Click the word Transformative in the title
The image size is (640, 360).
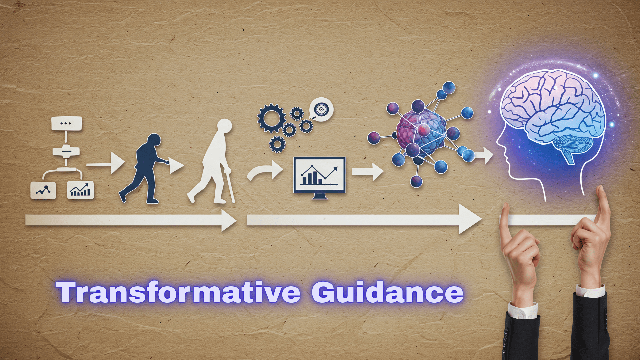point(178,292)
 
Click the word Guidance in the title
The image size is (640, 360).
point(387,292)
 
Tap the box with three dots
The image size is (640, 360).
point(66,123)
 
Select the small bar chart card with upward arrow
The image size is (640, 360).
point(80,190)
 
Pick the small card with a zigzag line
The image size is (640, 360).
point(43,190)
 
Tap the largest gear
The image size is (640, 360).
point(271,118)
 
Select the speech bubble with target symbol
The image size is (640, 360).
point(321,109)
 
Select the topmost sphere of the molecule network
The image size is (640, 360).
point(449,88)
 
